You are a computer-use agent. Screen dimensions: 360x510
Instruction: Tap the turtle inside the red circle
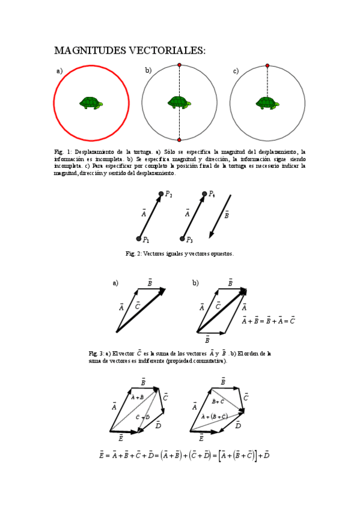[x=91, y=103]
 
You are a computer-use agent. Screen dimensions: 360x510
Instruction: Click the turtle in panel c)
[x=267, y=103]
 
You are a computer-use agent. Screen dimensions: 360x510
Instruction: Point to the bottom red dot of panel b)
[x=179, y=140]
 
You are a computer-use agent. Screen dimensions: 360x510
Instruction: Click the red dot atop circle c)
[x=267, y=66]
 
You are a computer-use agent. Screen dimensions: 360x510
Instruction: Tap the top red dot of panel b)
[x=179, y=65]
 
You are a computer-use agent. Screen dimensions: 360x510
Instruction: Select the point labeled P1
[x=138, y=238]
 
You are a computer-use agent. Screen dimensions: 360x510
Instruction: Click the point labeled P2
[x=160, y=193]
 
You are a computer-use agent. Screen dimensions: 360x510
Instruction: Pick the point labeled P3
[x=182, y=238]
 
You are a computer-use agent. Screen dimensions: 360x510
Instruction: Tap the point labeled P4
[x=204, y=193]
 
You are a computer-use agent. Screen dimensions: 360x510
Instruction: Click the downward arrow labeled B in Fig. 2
[x=219, y=217]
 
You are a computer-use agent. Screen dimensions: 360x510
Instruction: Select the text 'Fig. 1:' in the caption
[x=63, y=151]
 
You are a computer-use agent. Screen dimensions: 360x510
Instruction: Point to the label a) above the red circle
[x=59, y=71]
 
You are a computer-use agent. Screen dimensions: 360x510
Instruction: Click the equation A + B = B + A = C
[x=267, y=321]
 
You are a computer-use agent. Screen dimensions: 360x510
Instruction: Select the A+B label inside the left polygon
[x=137, y=397]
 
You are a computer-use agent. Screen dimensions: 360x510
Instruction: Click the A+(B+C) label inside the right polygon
[x=215, y=416]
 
